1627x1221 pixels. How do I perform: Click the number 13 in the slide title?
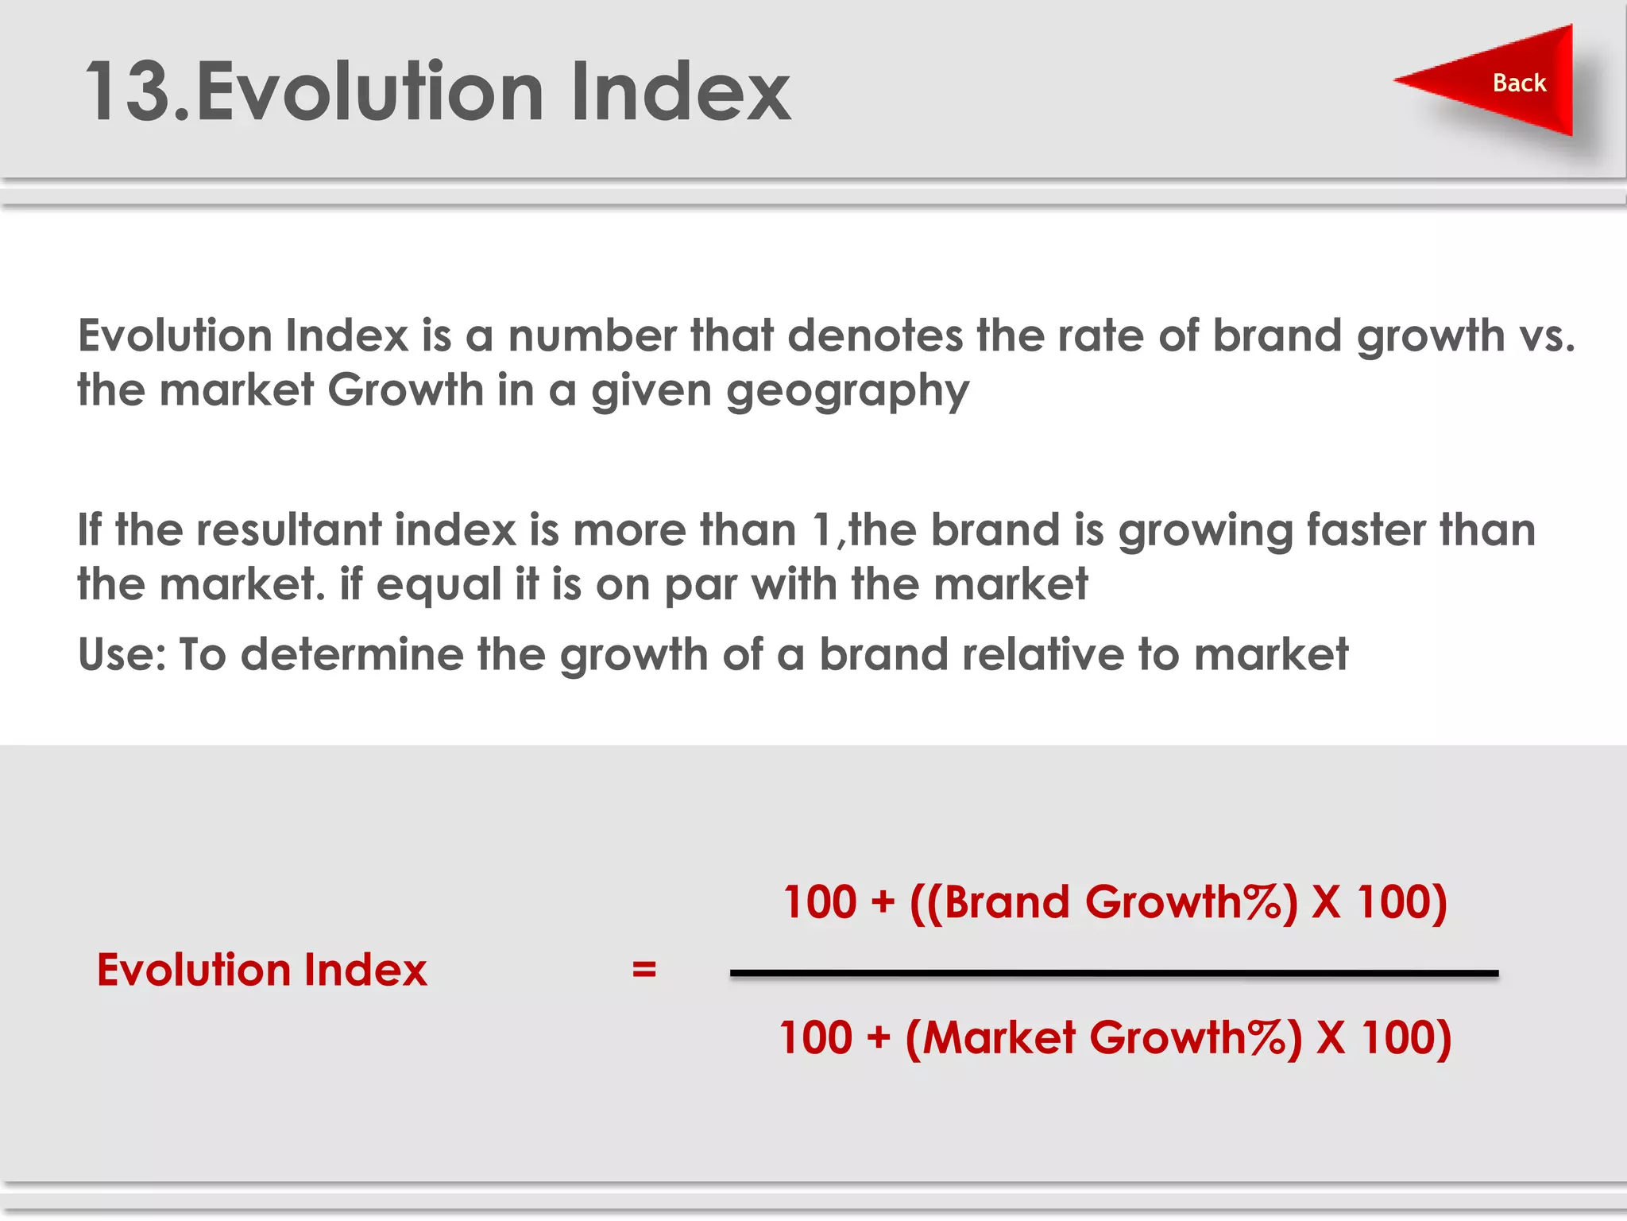pyautogui.click(x=127, y=92)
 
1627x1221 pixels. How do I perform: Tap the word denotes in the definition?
pyautogui.click(x=874, y=335)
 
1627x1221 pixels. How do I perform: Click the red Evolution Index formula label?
pyautogui.click(x=261, y=970)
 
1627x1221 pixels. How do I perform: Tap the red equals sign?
pyautogui.click(x=644, y=969)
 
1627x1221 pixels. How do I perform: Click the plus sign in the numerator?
pyautogui.click(x=883, y=903)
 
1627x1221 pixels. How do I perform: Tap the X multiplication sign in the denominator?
pyautogui.click(x=1331, y=1038)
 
